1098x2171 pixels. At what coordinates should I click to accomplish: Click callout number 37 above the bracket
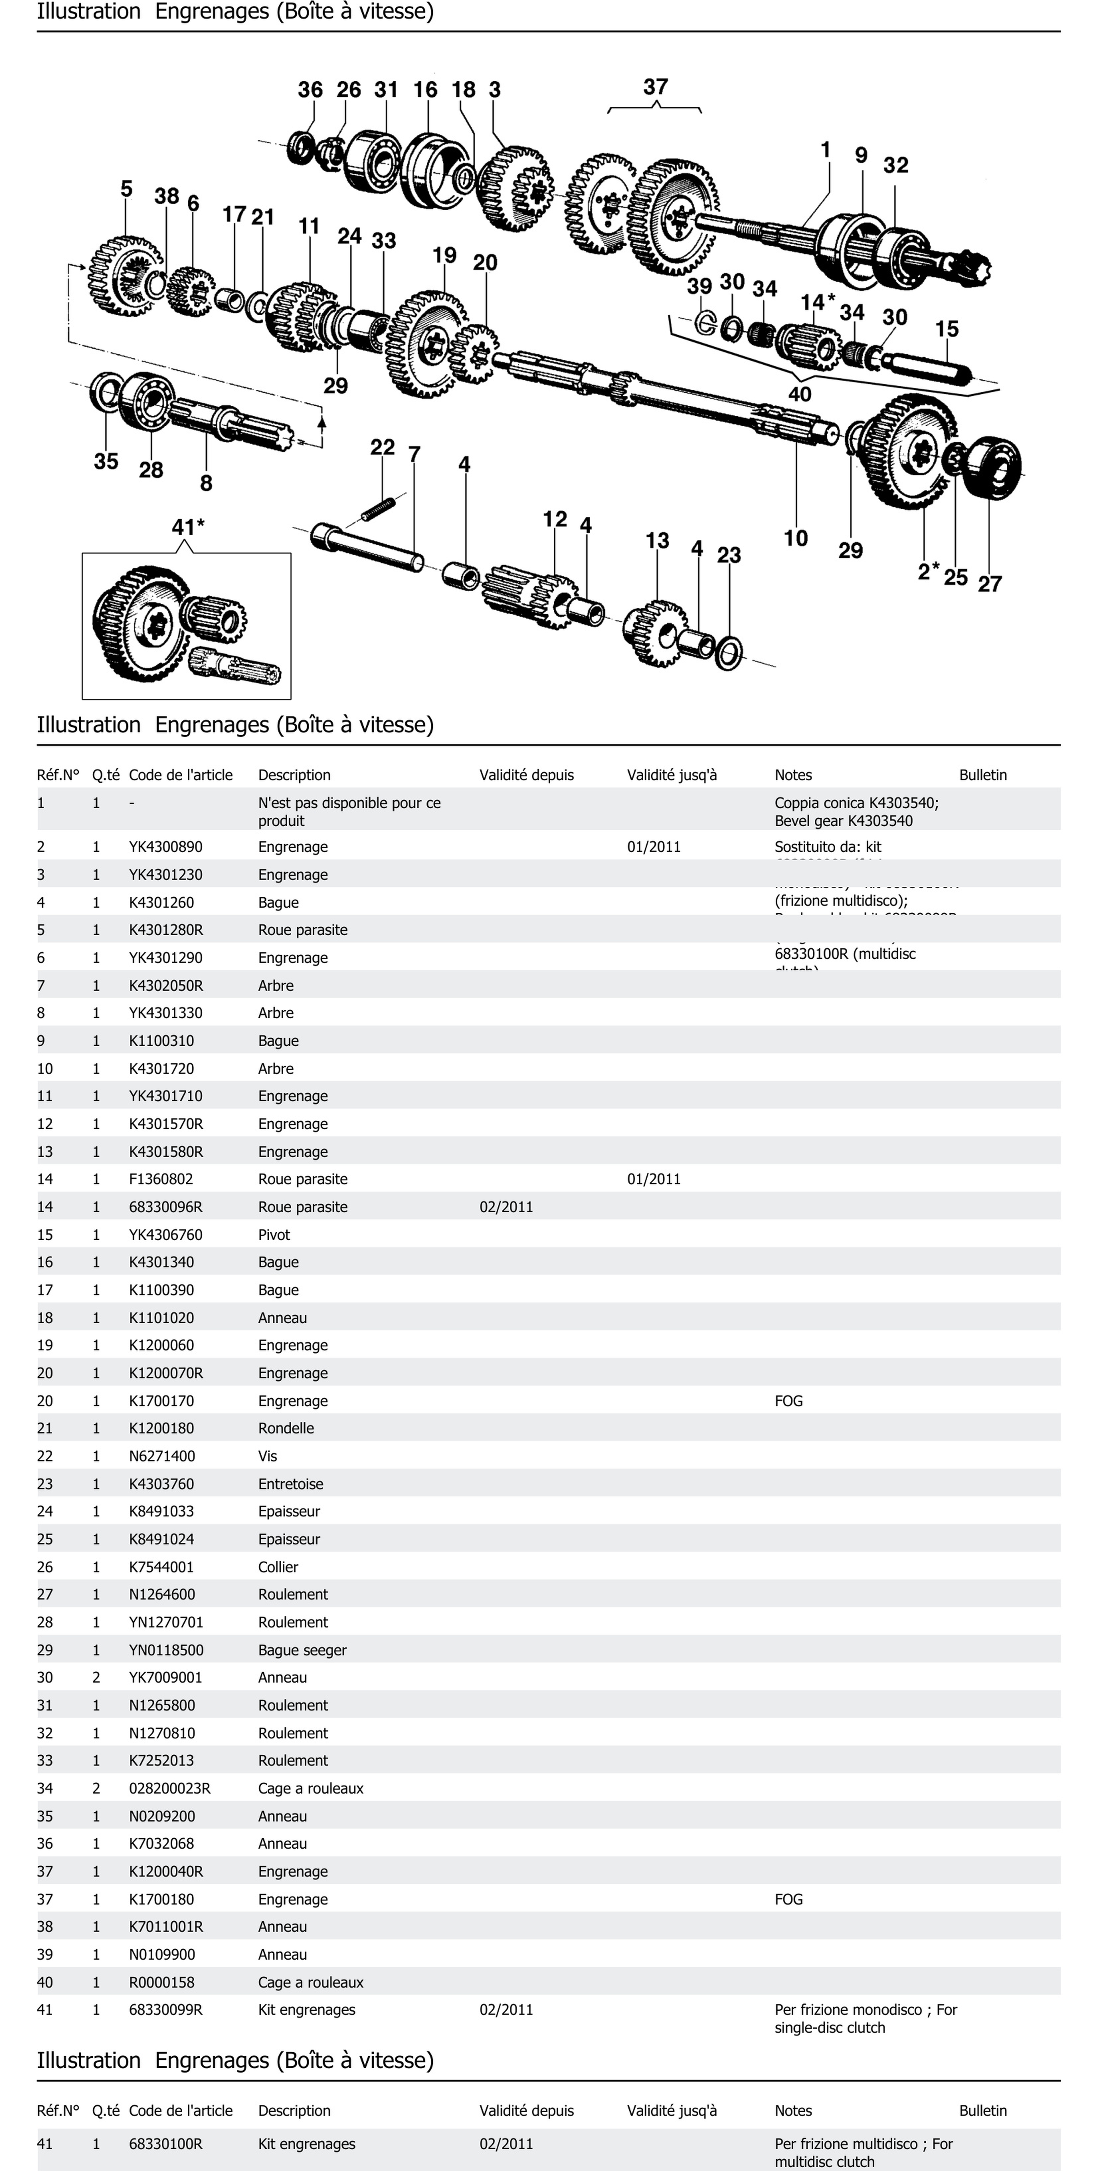(656, 87)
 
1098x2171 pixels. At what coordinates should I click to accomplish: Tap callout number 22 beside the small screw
(383, 447)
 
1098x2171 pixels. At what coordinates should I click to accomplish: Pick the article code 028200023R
(169, 1788)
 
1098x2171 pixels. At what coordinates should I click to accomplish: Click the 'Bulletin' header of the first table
(982, 775)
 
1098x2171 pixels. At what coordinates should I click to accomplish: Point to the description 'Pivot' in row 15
(274, 1234)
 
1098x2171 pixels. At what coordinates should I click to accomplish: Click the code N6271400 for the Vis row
(162, 1456)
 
